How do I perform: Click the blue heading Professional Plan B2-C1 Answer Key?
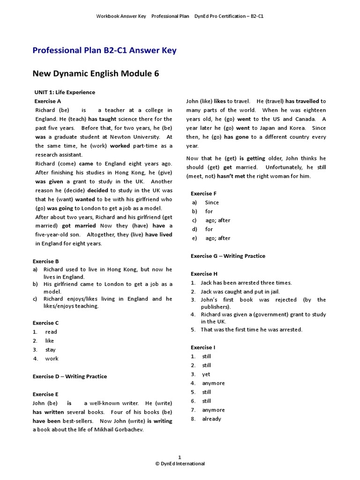(104, 50)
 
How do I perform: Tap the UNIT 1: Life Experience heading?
(65, 92)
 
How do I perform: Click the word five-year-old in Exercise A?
(54, 235)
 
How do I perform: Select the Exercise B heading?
(45, 261)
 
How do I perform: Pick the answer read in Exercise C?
(51, 332)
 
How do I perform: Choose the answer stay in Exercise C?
(50, 350)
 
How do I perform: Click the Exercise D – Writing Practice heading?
(69, 376)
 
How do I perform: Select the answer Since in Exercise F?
(212, 202)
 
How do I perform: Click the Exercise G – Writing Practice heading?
(228, 256)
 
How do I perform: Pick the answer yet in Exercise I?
(206, 375)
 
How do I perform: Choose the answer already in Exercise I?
(211, 419)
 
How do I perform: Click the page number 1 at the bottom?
(180, 457)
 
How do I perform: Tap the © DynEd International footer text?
(180, 464)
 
